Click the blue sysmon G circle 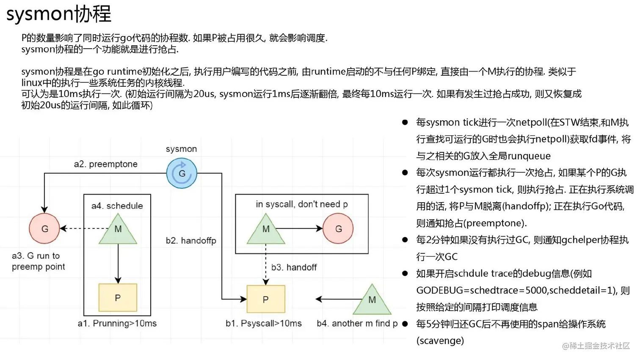(182, 173)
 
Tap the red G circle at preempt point (44, 228)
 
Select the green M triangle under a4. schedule (118, 231)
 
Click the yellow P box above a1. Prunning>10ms (118, 297)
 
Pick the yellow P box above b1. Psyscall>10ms (266, 299)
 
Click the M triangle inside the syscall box (266, 231)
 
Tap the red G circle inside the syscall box (338, 228)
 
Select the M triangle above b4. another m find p (372, 301)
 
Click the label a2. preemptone (105, 164)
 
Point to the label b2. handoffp (191, 241)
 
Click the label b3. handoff (294, 267)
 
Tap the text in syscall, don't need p (301, 204)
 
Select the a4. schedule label (117, 206)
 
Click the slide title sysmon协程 (58, 14)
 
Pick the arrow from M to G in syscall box (299, 228)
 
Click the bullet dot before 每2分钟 (405, 240)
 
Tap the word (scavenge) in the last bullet (440, 341)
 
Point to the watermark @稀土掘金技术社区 (596, 346)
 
